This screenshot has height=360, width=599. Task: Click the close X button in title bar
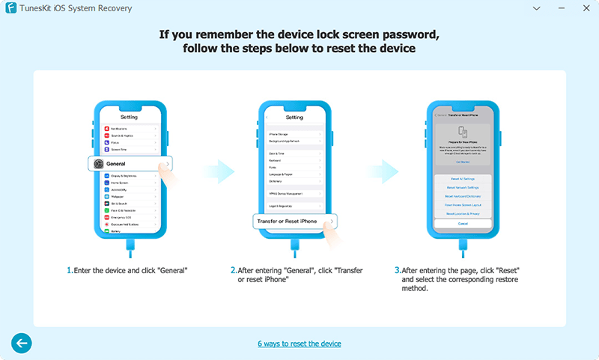[x=584, y=8]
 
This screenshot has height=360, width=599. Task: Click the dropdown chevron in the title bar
[x=538, y=8]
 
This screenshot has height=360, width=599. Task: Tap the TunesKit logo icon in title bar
[x=9, y=8]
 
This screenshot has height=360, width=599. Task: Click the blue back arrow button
[x=22, y=343]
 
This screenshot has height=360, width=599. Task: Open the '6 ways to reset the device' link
[x=299, y=344]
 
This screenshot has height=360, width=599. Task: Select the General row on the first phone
[x=130, y=163]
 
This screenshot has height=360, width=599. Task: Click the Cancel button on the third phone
[x=463, y=224]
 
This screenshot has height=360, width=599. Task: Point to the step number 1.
[x=70, y=269]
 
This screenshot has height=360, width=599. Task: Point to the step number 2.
[x=233, y=269]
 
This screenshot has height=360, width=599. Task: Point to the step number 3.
[x=397, y=269]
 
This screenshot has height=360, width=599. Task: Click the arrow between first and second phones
[x=219, y=171]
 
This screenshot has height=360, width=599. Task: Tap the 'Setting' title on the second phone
[x=294, y=118]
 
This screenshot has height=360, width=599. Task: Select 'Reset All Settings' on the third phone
[x=463, y=179]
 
